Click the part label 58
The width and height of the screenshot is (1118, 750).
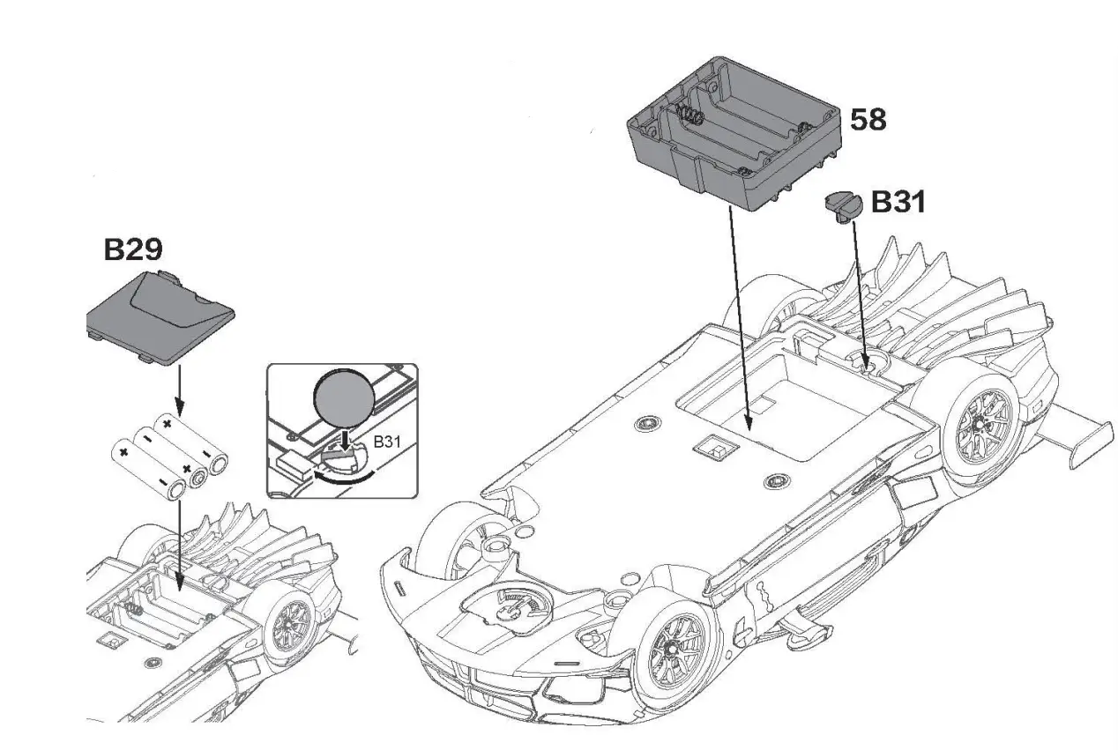click(868, 119)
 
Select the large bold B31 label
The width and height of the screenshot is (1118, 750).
click(898, 203)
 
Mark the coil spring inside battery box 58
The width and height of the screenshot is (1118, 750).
click(689, 114)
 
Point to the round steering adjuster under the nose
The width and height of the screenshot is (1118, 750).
click(507, 605)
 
